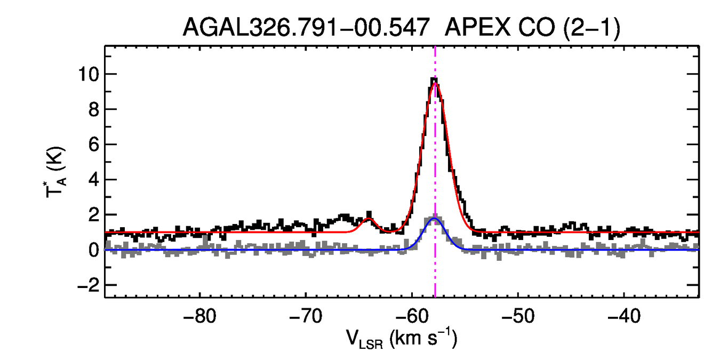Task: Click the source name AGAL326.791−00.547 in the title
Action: tap(306, 27)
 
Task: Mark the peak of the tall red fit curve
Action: tap(435, 83)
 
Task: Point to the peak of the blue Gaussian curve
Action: tap(434, 219)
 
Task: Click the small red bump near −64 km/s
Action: tap(369, 219)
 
